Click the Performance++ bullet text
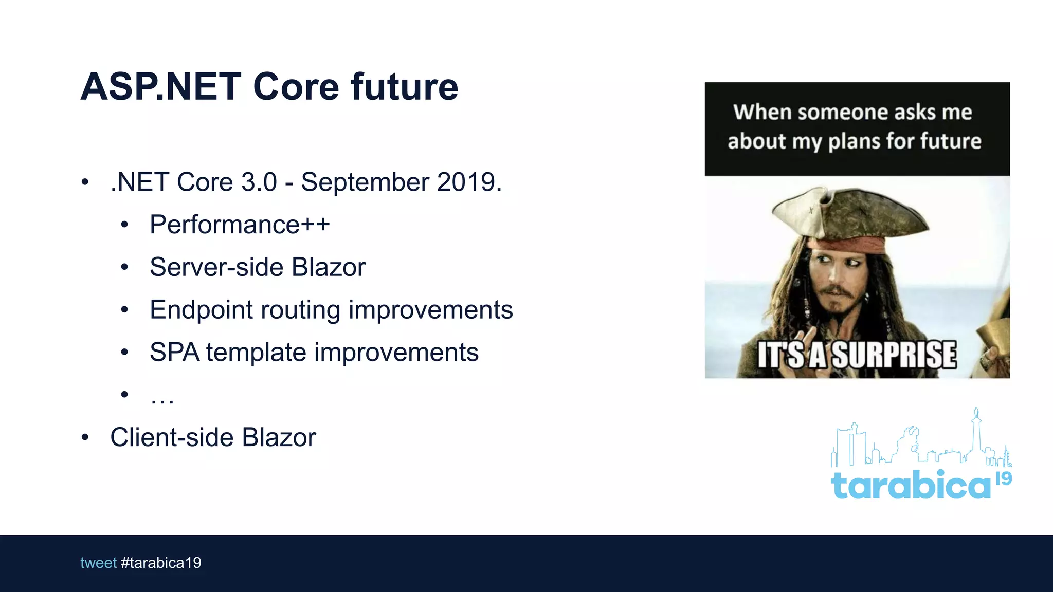click(x=240, y=225)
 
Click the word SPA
click(x=174, y=353)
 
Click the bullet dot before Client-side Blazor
click(x=85, y=437)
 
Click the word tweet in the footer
click(x=98, y=563)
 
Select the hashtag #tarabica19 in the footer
click(x=161, y=563)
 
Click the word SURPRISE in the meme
click(x=894, y=355)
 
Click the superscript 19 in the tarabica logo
click(x=1004, y=478)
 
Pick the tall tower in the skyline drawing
click(x=976, y=432)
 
